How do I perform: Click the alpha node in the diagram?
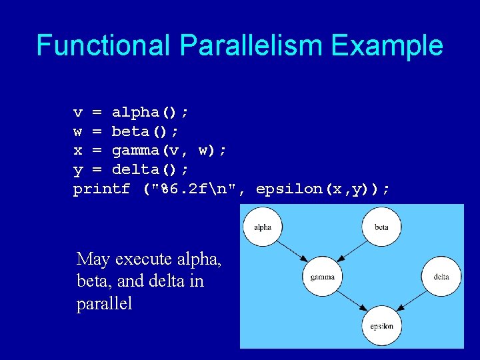click(x=263, y=227)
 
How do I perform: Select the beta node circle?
click(x=381, y=227)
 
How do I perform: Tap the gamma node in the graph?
click(x=323, y=277)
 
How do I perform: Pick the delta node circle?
click(x=441, y=277)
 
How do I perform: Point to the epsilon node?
click(x=381, y=326)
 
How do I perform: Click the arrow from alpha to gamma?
click(x=292, y=251)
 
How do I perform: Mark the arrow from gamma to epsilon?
click(x=351, y=301)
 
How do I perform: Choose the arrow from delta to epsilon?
click(x=411, y=301)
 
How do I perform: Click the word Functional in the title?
click(x=104, y=45)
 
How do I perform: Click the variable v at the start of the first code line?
click(x=78, y=112)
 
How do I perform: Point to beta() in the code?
click(x=144, y=131)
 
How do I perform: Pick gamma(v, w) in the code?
click(x=168, y=151)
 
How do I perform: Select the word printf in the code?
click(x=101, y=189)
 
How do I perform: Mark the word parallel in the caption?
click(x=105, y=304)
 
